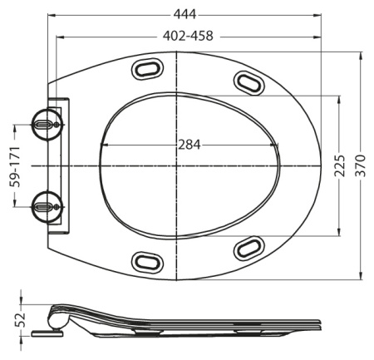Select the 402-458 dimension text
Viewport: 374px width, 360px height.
point(186,37)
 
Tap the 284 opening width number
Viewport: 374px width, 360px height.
point(189,143)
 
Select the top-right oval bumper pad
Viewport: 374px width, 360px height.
point(249,81)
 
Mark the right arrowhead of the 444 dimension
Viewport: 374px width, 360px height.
point(321,15)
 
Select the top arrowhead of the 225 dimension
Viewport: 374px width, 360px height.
point(339,98)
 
